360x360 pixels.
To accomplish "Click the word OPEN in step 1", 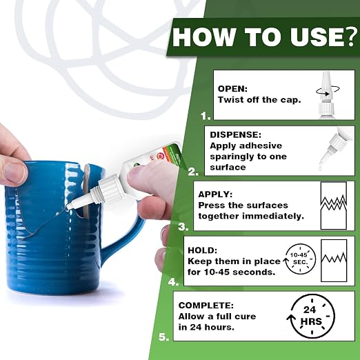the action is (232, 89).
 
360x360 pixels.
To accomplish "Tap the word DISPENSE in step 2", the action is (236, 134).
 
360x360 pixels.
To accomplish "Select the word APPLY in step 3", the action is (215, 194).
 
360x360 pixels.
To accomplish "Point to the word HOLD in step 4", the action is (202, 250).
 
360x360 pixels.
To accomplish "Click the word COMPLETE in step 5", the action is (206, 306).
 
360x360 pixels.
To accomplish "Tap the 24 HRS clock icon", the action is (311, 317).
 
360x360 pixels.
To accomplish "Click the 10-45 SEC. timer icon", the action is (299, 259).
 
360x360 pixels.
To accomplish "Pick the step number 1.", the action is (206, 116).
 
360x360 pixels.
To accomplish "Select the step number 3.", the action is (183, 227).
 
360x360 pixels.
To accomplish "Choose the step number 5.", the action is (163, 337).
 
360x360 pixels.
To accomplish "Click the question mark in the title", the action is (353, 37).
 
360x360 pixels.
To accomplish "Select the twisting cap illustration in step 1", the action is (327, 95).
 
